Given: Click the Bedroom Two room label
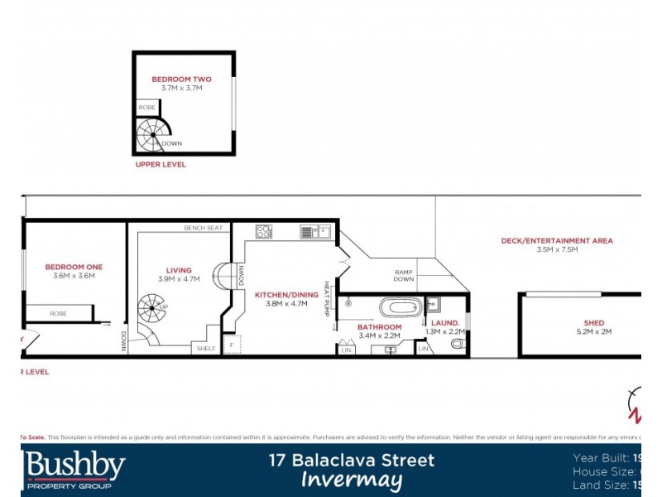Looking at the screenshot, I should pos(181,80).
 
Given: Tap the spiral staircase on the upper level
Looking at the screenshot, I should pos(152,134).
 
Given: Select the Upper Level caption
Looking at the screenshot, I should pos(161,165).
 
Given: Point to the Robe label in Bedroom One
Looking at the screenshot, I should pos(58,314).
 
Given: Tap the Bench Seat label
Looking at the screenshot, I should pos(204,228).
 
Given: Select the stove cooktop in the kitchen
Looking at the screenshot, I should pos(265,231).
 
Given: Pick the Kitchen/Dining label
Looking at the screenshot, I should pos(286,295).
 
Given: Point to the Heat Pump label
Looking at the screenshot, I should pos(327,300).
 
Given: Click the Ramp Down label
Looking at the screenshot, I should pos(404,275).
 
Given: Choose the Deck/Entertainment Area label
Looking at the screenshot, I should pos(557,241).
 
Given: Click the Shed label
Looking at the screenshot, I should pos(593,323).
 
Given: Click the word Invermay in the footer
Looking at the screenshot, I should pos(352,480).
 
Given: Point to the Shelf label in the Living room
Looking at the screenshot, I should pos(206,349).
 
